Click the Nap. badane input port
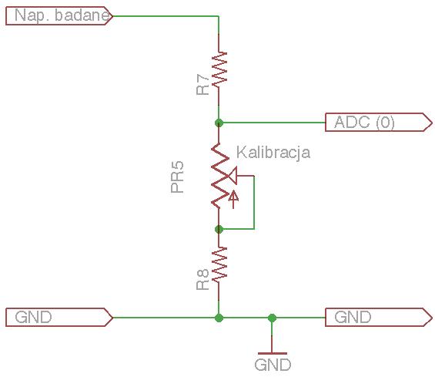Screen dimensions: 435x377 point(59,16)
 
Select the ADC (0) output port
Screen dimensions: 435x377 point(379,123)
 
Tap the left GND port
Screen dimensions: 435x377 point(59,318)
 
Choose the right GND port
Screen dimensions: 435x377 point(379,318)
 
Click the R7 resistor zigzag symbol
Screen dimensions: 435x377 point(219,69)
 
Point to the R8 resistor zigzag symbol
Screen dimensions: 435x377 point(219,264)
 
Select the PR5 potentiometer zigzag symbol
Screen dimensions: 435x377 point(219,176)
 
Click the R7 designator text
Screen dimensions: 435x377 point(202,85)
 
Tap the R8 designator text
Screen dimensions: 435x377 point(202,280)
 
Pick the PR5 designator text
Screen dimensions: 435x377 point(177,177)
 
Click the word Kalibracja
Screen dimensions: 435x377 point(273,153)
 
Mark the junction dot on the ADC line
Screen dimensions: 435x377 point(219,123)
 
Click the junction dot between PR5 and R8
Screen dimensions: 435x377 point(219,229)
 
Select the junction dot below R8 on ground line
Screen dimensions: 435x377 point(219,318)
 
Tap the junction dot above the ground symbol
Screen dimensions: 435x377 point(272,318)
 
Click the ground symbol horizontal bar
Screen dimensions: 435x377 point(272,354)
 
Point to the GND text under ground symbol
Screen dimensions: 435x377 point(273,365)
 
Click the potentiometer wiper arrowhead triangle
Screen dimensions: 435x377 point(233,176)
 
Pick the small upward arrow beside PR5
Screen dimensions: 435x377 point(233,199)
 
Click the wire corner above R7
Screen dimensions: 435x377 point(219,16)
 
